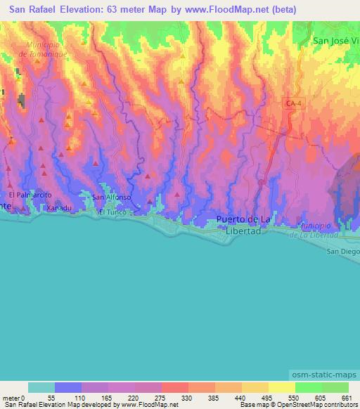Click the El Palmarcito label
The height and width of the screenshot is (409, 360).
(30, 194)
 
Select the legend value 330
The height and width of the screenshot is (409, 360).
(185, 398)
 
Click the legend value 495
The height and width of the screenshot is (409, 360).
(265, 398)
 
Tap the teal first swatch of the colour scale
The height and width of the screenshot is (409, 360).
(41, 387)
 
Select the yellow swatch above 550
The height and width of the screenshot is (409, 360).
(281, 387)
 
